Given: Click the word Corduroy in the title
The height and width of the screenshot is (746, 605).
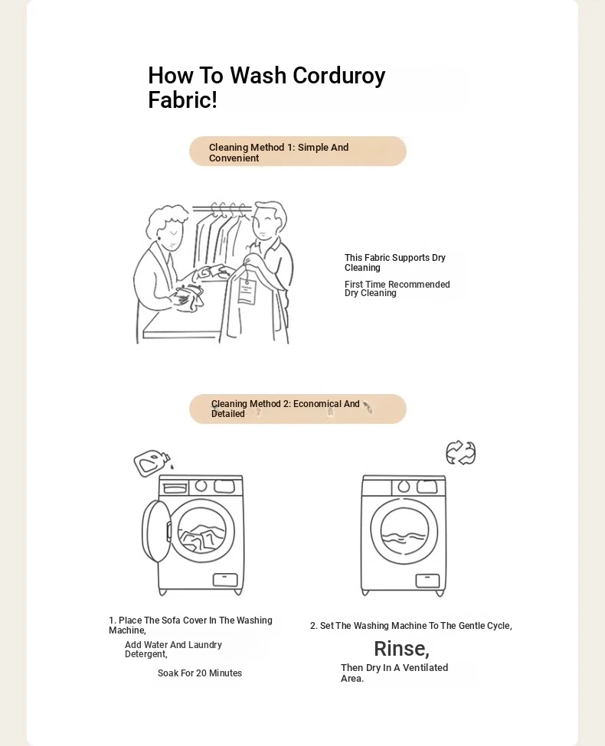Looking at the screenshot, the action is pyautogui.click(x=338, y=77).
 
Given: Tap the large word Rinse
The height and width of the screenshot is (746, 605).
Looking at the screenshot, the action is pyautogui.click(x=401, y=649).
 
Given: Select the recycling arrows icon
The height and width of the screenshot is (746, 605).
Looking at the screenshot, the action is pyautogui.click(x=461, y=452).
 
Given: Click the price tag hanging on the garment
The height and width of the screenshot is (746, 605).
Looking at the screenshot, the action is pyautogui.click(x=247, y=292).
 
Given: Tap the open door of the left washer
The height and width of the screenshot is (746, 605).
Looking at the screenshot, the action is pyautogui.click(x=156, y=531).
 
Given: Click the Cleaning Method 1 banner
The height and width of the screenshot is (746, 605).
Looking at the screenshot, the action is pyautogui.click(x=298, y=151).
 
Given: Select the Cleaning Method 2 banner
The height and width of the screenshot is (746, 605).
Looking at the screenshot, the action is pyautogui.click(x=298, y=409).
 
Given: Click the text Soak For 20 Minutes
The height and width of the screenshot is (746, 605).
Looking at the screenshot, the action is pyautogui.click(x=200, y=673).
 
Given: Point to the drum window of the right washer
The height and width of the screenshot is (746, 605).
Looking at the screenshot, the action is pyautogui.click(x=404, y=531).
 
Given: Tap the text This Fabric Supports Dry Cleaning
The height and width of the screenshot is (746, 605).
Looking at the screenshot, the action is pyautogui.click(x=395, y=262).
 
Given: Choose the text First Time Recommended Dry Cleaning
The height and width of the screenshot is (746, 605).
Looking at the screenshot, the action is pyautogui.click(x=397, y=288).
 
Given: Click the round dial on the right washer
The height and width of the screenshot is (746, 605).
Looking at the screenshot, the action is pyautogui.click(x=404, y=486).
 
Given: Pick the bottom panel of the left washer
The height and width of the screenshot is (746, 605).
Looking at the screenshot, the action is pyautogui.click(x=225, y=579).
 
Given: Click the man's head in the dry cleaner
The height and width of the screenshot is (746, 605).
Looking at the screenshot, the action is pyautogui.click(x=268, y=221).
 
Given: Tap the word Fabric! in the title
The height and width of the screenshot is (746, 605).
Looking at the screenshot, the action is pyautogui.click(x=182, y=100).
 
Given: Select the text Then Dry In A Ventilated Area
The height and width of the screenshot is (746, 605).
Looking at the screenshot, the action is pyautogui.click(x=394, y=673).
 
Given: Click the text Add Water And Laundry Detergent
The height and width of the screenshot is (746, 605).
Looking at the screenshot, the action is pyautogui.click(x=173, y=650).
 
